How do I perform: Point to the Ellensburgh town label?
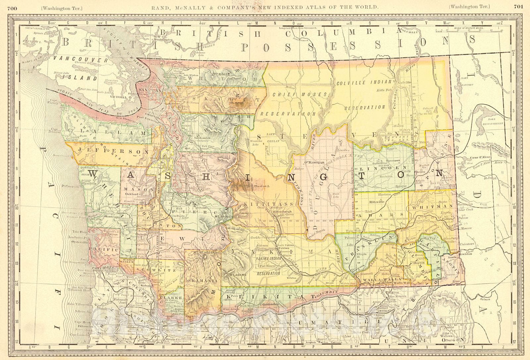click(269, 211)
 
